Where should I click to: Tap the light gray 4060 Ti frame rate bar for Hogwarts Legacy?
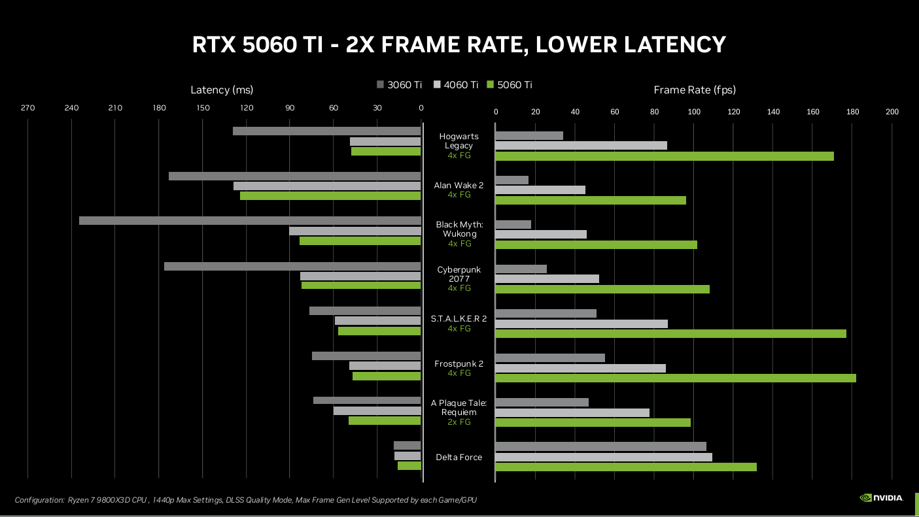581,145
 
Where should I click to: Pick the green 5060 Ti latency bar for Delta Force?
409,466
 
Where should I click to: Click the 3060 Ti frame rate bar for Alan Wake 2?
512,180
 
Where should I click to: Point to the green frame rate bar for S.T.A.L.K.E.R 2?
670,333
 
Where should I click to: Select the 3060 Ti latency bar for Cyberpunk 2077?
292,266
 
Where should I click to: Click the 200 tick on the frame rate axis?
892,112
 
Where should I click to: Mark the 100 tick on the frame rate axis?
694,112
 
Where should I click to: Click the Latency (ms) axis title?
222,90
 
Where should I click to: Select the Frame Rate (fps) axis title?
695,90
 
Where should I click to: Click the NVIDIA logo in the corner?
880,497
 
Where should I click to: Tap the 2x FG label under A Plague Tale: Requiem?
459,422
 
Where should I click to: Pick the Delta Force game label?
459,457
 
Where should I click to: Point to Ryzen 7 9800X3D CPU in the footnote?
107,500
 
